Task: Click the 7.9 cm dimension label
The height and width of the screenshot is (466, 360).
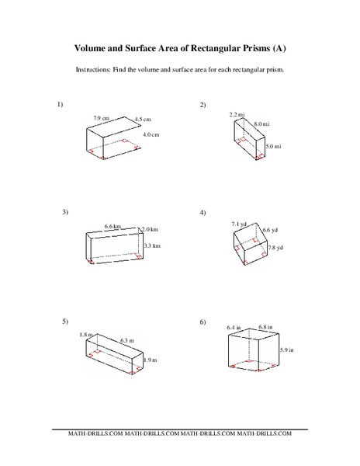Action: [x=101, y=117]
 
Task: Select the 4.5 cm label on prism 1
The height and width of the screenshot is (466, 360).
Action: [x=143, y=119]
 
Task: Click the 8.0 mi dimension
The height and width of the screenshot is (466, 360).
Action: [x=261, y=123]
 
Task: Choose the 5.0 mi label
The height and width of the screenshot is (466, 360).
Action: [x=272, y=145]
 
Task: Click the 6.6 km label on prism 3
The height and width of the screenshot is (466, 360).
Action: [x=113, y=226]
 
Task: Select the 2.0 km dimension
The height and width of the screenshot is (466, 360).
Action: [x=150, y=229]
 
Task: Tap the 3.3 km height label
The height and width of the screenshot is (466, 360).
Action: [x=151, y=245]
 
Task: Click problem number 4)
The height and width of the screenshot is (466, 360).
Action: [x=202, y=211]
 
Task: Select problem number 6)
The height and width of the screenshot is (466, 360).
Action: [x=202, y=321]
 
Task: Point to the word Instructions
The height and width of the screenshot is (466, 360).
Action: [x=95, y=68]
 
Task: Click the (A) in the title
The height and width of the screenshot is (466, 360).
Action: [x=279, y=47]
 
